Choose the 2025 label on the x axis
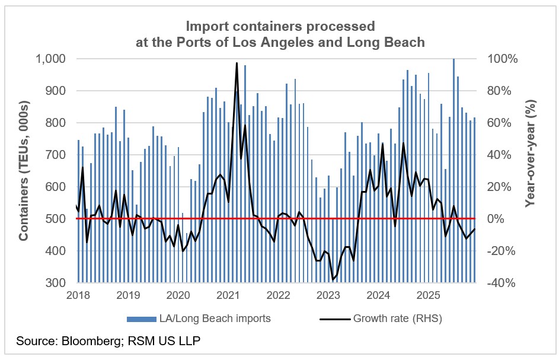pos(428,295)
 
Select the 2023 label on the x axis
pos(328,295)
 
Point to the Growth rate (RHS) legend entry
pos(398,318)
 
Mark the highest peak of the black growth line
pos(237,63)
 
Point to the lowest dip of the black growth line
pos(333,279)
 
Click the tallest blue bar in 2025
pos(453,59)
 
